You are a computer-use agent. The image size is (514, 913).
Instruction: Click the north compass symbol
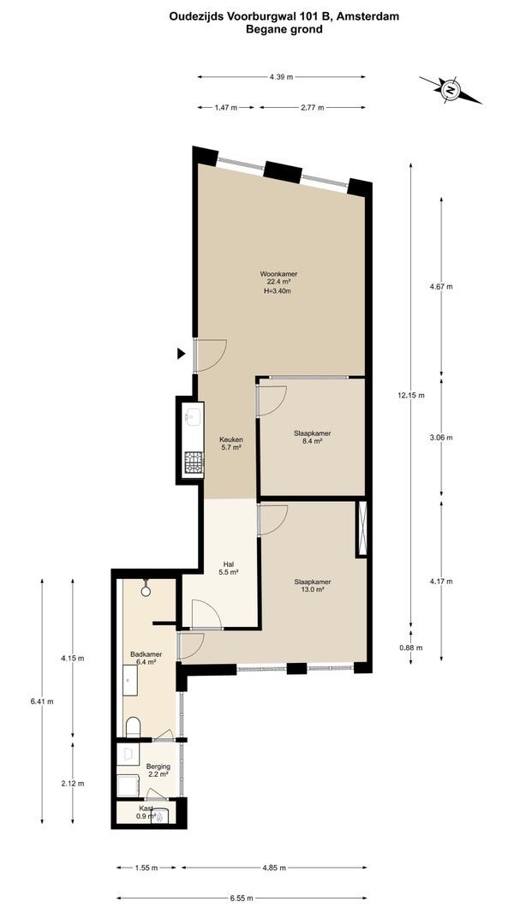click(x=451, y=90)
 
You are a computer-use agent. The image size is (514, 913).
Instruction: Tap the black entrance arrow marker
click(x=181, y=353)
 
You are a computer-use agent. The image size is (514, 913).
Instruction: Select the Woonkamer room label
click(x=275, y=274)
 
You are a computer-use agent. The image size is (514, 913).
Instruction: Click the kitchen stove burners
click(x=194, y=462)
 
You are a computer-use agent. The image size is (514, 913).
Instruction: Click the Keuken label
click(x=230, y=439)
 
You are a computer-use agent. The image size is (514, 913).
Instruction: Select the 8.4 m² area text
click(x=313, y=441)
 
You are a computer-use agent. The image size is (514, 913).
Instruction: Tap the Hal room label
click(x=228, y=564)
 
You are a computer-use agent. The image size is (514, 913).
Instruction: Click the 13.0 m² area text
click(x=313, y=589)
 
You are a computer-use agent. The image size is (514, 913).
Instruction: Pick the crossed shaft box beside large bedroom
click(x=362, y=528)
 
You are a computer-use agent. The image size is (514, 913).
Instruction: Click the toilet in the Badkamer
click(x=134, y=727)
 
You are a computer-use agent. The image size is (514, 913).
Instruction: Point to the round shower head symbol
click(x=146, y=590)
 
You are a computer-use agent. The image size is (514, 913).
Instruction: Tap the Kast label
click(x=146, y=809)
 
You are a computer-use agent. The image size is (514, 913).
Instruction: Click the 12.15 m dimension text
click(x=411, y=396)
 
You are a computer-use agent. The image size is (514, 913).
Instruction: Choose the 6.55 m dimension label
click(x=241, y=898)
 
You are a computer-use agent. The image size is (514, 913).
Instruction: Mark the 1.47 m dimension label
click(x=226, y=108)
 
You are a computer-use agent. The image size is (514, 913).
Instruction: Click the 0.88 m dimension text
click(x=411, y=647)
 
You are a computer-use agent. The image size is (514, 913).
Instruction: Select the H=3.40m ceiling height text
click(x=275, y=291)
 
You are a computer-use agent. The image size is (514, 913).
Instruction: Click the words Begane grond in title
click(x=284, y=28)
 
